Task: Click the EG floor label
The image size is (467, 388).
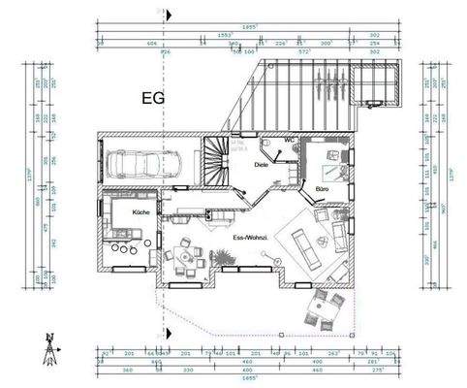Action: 153,97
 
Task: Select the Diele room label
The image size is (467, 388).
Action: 261,165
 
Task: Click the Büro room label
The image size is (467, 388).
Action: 323,188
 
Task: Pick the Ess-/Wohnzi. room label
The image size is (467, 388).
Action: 250,237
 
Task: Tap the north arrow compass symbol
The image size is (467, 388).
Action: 47,346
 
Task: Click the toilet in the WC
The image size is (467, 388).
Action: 269,145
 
